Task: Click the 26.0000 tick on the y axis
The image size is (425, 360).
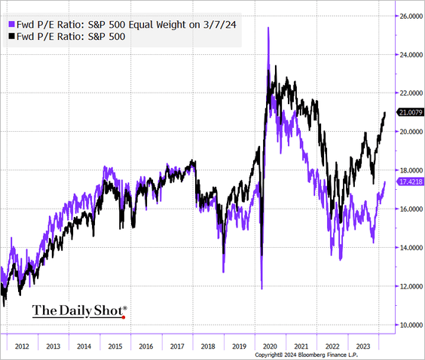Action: point(410,16)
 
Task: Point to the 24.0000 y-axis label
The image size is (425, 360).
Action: point(410,54)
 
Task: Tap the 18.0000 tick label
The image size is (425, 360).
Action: point(410,170)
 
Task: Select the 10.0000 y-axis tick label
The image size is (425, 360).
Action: point(410,325)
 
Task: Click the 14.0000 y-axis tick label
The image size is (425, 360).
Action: point(410,248)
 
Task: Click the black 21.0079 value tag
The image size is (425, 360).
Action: point(410,113)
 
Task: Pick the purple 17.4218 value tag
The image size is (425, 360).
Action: point(410,182)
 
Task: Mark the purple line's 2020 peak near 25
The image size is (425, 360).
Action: point(268,27)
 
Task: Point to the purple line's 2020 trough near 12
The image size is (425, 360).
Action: point(261,288)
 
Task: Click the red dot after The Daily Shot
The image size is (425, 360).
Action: point(122,316)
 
